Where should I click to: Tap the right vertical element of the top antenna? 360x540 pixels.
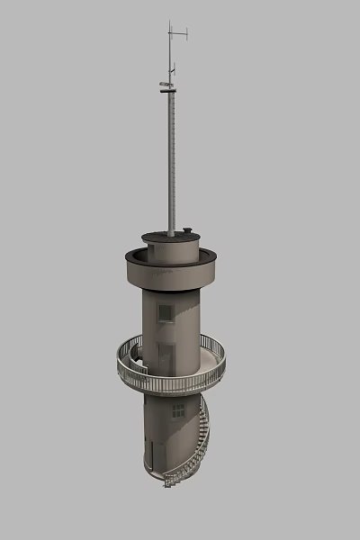pyautogui.click(x=186, y=35)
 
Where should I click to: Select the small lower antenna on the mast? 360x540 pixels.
pyautogui.click(x=171, y=68)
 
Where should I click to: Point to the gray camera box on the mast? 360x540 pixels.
pyautogui.click(x=165, y=85)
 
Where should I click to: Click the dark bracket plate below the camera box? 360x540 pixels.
pyautogui.click(x=166, y=91)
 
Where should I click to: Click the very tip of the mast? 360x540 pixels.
pyautogui.click(x=169, y=22)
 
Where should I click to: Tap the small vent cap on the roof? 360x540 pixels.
pyautogui.click(x=187, y=231)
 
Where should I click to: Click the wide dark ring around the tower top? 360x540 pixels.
pyautogui.click(x=171, y=271)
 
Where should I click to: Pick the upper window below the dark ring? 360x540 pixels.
pyautogui.click(x=166, y=312)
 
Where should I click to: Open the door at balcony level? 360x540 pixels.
pyautogui.click(x=166, y=357)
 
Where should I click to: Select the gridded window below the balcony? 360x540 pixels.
pyautogui.click(x=178, y=410)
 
